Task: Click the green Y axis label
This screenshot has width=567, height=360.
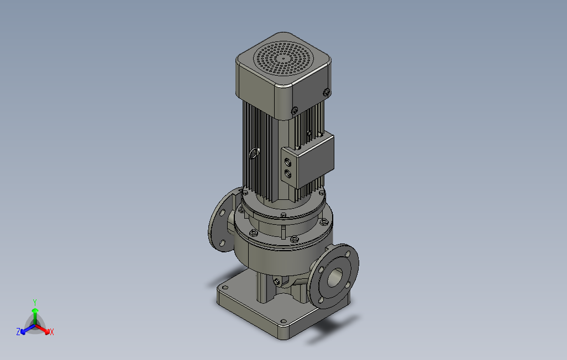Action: pyautogui.click(x=35, y=302)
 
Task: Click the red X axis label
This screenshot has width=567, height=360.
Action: pyautogui.click(x=52, y=332)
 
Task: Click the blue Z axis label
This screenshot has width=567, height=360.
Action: pyautogui.click(x=18, y=331)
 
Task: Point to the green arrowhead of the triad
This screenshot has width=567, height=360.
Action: pyautogui.click(x=35, y=310)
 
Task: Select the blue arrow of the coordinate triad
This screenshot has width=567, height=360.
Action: pyautogui.click(x=28, y=329)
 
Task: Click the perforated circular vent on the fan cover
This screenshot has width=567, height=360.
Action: pyautogui.click(x=283, y=58)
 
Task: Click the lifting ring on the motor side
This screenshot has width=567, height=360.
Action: pyautogui.click(x=255, y=153)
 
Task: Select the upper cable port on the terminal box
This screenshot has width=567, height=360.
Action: pyautogui.click(x=288, y=161)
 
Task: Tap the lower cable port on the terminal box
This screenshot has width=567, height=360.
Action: pyautogui.click(x=288, y=173)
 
